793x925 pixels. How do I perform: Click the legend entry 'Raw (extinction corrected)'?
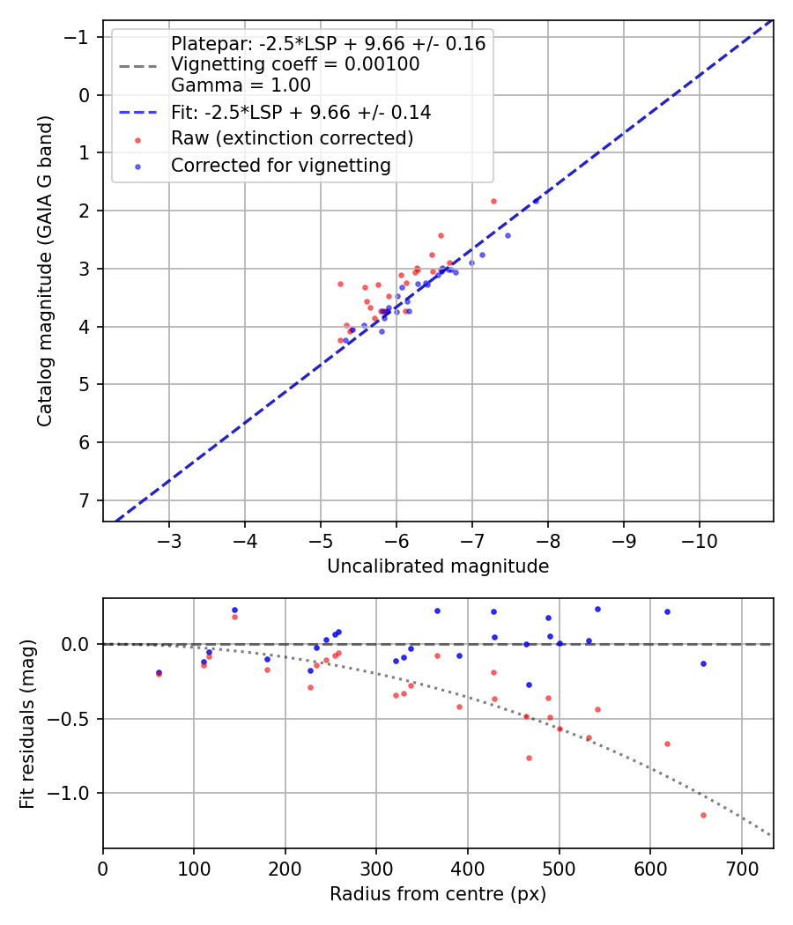coord(292,138)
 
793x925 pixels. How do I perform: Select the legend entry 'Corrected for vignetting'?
coord(280,165)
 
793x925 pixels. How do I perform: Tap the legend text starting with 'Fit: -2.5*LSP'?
coord(300,113)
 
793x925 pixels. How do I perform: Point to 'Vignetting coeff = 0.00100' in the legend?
coord(295,64)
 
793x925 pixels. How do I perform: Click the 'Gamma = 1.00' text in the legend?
coord(241,85)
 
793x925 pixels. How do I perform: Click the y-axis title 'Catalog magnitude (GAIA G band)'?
coord(45,270)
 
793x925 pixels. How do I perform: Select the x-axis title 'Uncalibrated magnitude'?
coord(438,566)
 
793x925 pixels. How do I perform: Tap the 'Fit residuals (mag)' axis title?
coord(27,723)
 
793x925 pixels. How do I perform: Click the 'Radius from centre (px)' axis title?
coord(438,894)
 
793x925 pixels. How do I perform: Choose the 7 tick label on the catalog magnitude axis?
coord(85,500)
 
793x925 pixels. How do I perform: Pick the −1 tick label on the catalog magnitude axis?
coord(81,37)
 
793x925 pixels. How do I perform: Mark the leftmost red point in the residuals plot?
coord(159,674)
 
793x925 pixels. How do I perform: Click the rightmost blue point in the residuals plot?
coord(703,663)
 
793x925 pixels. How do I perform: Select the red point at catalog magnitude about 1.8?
coord(493,201)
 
